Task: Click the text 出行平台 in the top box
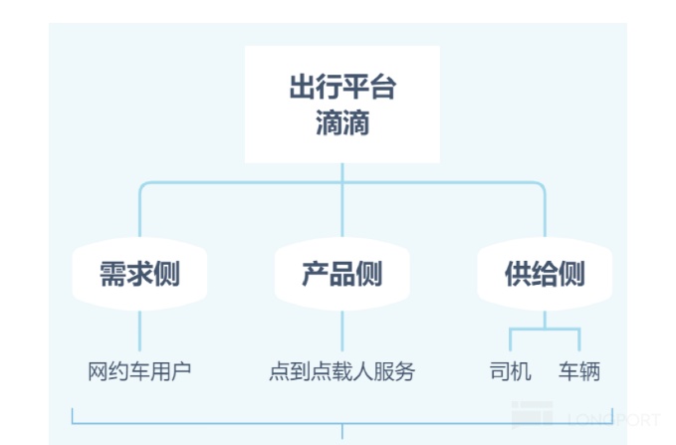pyautogui.click(x=342, y=87)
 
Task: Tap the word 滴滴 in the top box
pyautogui.click(x=342, y=122)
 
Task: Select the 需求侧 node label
pyautogui.click(x=139, y=274)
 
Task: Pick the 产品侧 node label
pyautogui.click(x=342, y=274)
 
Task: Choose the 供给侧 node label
pyautogui.click(x=545, y=274)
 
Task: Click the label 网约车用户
pyautogui.click(x=139, y=371)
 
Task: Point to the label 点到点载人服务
pyautogui.click(x=342, y=371)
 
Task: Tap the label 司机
pyautogui.click(x=511, y=371)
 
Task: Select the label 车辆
pyautogui.click(x=579, y=371)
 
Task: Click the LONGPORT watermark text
pyautogui.click(x=614, y=419)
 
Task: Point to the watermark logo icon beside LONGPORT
pyautogui.click(x=532, y=415)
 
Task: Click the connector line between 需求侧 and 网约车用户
pyautogui.click(x=139, y=331)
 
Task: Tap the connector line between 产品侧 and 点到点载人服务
pyautogui.click(x=342, y=331)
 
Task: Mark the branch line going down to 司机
pyautogui.click(x=511, y=340)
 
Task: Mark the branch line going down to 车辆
pyautogui.click(x=579, y=340)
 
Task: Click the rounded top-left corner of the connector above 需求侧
pyautogui.click(x=142, y=185)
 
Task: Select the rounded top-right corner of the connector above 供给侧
pyautogui.click(x=543, y=185)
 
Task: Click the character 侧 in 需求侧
pyautogui.click(x=167, y=274)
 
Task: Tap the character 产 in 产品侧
pyautogui.click(x=316, y=274)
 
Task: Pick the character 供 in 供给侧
pyautogui.click(x=518, y=274)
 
